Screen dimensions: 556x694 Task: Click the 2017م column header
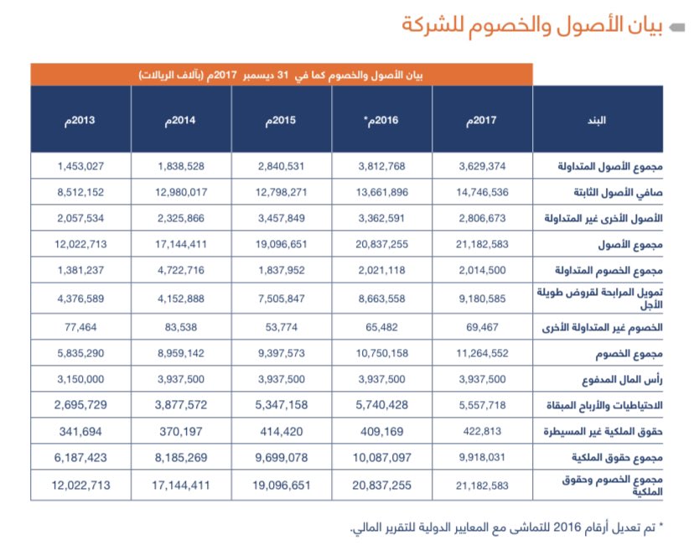(x=482, y=120)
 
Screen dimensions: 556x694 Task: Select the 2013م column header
(x=80, y=120)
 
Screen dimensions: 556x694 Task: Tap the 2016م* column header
(x=381, y=120)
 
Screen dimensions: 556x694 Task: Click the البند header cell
(x=598, y=120)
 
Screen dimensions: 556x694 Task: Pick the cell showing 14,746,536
(x=482, y=192)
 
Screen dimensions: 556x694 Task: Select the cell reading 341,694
(x=80, y=431)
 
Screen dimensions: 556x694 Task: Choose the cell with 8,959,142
(x=180, y=353)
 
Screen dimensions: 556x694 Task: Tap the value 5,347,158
(x=281, y=404)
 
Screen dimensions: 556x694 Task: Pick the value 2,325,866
(x=180, y=219)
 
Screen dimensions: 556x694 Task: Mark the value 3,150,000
(x=80, y=378)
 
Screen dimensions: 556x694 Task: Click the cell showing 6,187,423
(x=80, y=458)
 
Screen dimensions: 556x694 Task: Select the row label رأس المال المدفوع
(x=624, y=378)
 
